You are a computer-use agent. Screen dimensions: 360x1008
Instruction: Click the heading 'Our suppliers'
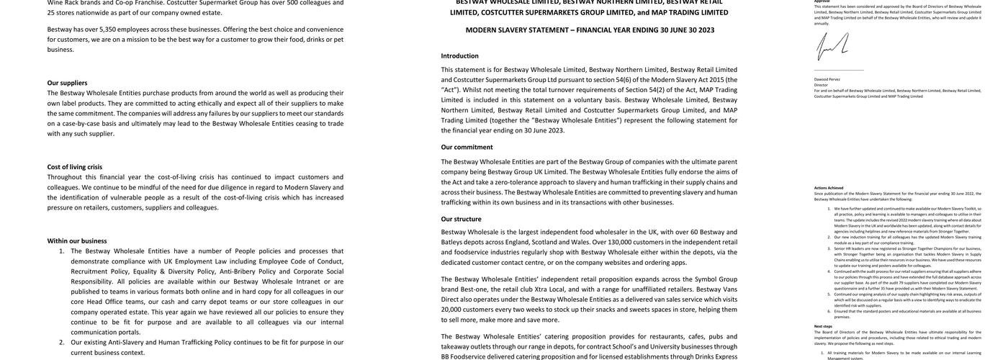67,83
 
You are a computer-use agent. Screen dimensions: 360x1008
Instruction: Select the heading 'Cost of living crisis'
75,167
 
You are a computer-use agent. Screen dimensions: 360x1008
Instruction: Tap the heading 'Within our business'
77,241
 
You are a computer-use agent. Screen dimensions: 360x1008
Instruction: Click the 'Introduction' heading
459,55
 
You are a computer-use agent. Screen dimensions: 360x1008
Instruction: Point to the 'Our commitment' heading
467,147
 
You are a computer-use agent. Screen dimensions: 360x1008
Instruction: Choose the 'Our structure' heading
462,219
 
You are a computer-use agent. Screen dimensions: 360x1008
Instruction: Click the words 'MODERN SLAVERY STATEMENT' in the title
517,30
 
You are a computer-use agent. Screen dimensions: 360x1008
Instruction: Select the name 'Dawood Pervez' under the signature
827,79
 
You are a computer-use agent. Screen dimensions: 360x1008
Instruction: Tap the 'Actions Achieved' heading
829,188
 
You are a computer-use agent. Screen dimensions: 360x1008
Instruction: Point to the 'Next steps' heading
823,326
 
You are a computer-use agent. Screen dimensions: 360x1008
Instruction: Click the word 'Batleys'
453,242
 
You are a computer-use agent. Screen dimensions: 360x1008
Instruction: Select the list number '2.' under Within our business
61,343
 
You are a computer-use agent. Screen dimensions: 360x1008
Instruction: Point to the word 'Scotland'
545,242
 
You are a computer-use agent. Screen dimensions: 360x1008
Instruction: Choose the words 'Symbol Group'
716,279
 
